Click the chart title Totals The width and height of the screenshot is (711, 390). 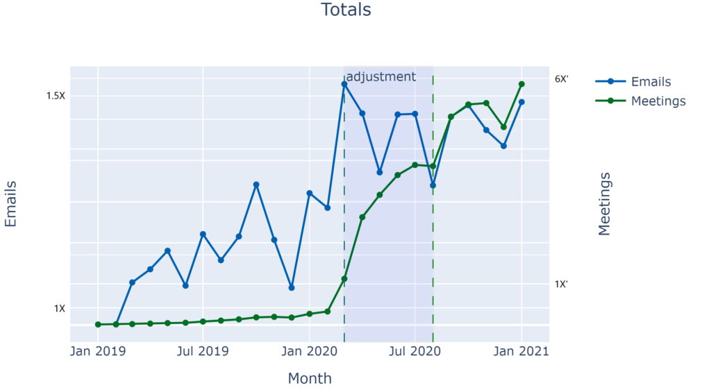click(x=345, y=10)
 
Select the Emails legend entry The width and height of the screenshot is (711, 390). click(x=650, y=82)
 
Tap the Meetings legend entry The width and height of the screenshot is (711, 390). click(x=658, y=101)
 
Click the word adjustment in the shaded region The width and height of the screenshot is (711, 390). click(x=380, y=76)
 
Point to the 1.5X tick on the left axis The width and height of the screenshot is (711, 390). click(x=55, y=96)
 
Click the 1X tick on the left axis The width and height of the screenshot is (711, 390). click(x=59, y=308)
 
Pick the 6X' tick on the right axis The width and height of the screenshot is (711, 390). click(x=561, y=79)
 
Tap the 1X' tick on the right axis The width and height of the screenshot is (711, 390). click(x=561, y=284)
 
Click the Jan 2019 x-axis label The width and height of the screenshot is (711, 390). click(x=98, y=352)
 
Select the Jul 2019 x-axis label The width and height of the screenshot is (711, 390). click(x=203, y=352)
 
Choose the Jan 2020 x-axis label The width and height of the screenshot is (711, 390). click(x=309, y=352)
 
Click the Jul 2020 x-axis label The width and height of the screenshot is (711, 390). click(x=415, y=352)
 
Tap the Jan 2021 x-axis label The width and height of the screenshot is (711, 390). click(x=521, y=352)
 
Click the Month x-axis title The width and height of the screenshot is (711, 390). click(x=310, y=379)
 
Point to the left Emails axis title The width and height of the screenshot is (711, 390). click(x=11, y=204)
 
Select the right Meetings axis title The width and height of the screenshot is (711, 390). click(x=605, y=204)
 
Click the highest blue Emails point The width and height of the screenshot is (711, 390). click(x=344, y=85)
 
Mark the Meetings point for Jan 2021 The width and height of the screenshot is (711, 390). click(x=521, y=84)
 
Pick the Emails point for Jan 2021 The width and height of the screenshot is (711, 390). click(x=521, y=102)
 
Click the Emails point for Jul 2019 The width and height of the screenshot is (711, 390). click(x=203, y=235)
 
